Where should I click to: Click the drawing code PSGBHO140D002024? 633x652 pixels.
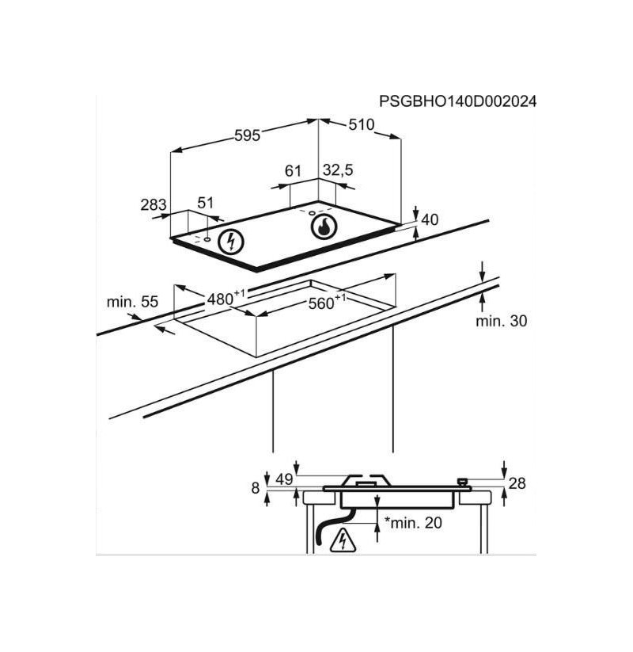(457, 101)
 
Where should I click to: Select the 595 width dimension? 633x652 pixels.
(247, 135)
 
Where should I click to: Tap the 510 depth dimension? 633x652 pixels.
(361, 124)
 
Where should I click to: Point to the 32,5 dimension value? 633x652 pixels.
(338, 170)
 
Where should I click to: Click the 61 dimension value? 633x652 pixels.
(293, 170)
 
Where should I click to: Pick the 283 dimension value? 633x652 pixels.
(154, 204)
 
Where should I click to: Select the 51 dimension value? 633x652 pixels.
(205, 203)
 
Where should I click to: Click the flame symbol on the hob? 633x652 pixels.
(324, 227)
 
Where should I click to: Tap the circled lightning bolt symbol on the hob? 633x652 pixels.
(231, 242)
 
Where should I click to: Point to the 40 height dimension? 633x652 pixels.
(430, 219)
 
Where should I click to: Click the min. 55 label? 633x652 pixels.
(132, 302)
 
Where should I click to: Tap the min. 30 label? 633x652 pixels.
(502, 321)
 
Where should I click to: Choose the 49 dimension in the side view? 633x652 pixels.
(285, 479)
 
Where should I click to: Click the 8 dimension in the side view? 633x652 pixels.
(256, 488)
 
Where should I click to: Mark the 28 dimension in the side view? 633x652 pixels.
(517, 483)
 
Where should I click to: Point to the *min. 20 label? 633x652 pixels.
(413, 523)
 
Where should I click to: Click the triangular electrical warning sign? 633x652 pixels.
(343, 540)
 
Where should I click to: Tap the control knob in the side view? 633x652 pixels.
(462, 482)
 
